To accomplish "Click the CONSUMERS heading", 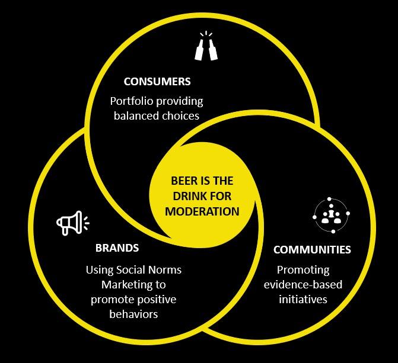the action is pyautogui.click(x=157, y=82).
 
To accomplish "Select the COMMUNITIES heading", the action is pyautogui.click(x=312, y=249).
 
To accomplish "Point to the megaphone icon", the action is pyautogui.click(x=72, y=223).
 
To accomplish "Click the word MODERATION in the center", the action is pyautogui.click(x=202, y=211).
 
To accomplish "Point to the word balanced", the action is pyautogui.click(x=135, y=115).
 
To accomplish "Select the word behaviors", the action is pyautogui.click(x=133, y=314).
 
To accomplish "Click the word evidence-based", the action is pyautogui.click(x=303, y=284).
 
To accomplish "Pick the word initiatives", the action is pyautogui.click(x=303, y=299).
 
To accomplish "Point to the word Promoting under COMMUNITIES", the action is pyautogui.click(x=303, y=269).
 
